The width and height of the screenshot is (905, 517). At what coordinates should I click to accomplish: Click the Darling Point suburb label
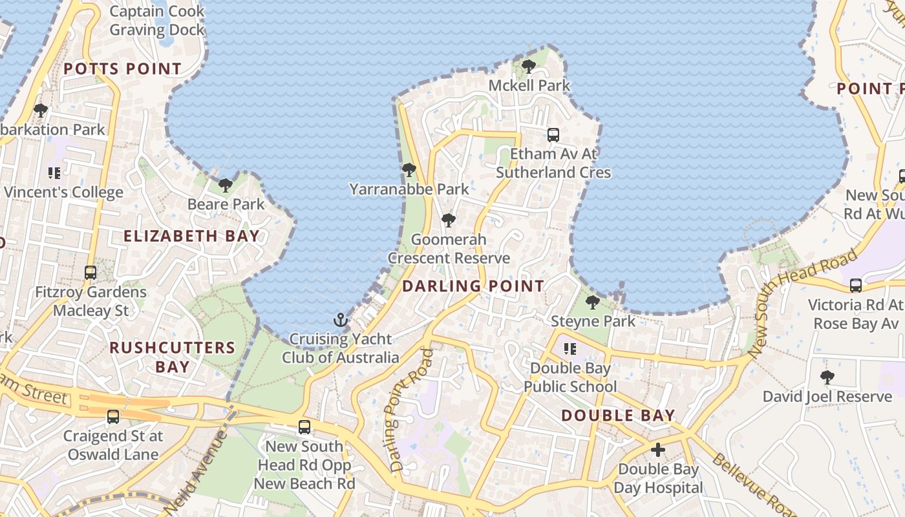click(x=473, y=286)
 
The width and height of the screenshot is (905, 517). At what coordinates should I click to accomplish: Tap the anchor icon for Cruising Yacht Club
click(x=341, y=320)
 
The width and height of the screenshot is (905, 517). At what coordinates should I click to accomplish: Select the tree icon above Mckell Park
click(x=529, y=66)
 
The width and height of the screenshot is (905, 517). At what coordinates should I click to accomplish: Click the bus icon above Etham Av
click(x=553, y=135)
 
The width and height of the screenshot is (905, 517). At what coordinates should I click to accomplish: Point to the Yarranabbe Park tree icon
click(x=409, y=170)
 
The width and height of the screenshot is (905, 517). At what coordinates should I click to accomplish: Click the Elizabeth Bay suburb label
click(x=191, y=236)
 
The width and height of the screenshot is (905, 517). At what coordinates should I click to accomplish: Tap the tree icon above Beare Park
click(x=226, y=185)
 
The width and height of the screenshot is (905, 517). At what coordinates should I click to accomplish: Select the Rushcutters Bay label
click(x=173, y=357)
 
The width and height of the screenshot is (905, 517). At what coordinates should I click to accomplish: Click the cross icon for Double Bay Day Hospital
click(x=658, y=450)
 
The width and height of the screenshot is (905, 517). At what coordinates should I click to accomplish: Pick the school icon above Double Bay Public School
click(x=570, y=349)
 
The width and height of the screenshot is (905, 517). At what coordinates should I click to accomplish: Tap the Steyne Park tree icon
click(x=592, y=302)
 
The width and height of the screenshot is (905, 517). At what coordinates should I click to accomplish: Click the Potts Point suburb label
click(x=122, y=69)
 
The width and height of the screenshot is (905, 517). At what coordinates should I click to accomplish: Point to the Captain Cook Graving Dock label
click(x=156, y=21)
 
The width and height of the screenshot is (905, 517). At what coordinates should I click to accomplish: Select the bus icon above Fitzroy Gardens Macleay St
click(x=90, y=273)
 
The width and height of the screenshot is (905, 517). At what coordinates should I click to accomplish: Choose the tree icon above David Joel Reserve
click(x=827, y=377)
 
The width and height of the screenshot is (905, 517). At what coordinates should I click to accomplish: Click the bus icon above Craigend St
click(x=113, y=417)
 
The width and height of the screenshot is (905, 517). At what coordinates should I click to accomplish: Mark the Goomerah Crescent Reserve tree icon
click(x=449, y=220)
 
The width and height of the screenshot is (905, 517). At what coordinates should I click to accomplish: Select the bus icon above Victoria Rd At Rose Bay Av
click(x=856, y=285)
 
